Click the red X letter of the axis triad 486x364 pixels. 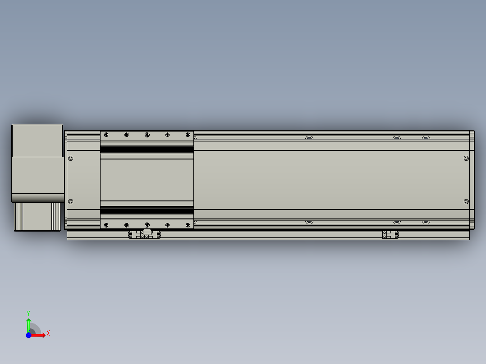click(x=48, y=333)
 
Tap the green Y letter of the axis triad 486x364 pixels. click(x=28, y=313)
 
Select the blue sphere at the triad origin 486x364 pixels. click(x=28, y=335)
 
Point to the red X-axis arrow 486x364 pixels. click(x=40, y=335)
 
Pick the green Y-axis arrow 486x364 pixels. click(x=28, y=323)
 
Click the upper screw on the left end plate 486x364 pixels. click(x=71, y=158)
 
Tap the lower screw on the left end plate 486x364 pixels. click(x=71, y=201)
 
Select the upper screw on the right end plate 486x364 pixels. click(x=466, y=158)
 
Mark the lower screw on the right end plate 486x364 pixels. click(x=466, y=202)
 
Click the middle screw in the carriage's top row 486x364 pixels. click(x=147, y=135)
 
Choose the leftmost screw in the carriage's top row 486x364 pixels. click(x=106, y=135)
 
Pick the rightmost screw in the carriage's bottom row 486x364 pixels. click(x=188, y=224)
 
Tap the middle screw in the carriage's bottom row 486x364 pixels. click(x=147, y=224)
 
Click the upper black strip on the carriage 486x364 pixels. click(x=147, y=149)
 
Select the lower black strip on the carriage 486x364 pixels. click(x=147, y=211)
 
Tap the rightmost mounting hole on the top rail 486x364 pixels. click(x=426, y=138)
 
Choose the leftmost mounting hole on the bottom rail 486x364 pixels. click(x=309, y=222)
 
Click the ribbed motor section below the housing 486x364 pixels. click(x=37, y=216)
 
